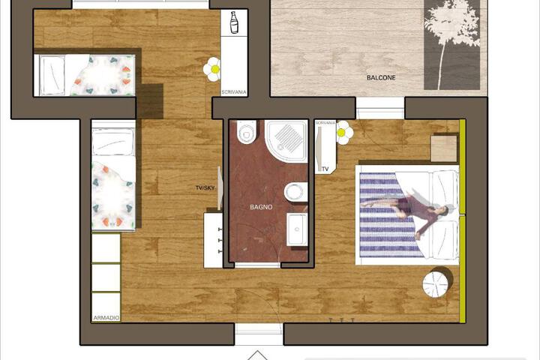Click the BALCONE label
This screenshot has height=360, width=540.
381,78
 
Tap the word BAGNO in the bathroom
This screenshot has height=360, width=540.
261,206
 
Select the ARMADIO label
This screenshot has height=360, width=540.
106,318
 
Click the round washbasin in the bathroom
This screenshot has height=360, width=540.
296,193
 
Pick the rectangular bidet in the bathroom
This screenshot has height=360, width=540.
296,224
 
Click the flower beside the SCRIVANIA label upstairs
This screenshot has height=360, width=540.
214,69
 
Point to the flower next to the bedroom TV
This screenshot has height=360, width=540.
344,133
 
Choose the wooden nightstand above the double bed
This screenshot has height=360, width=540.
445,147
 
